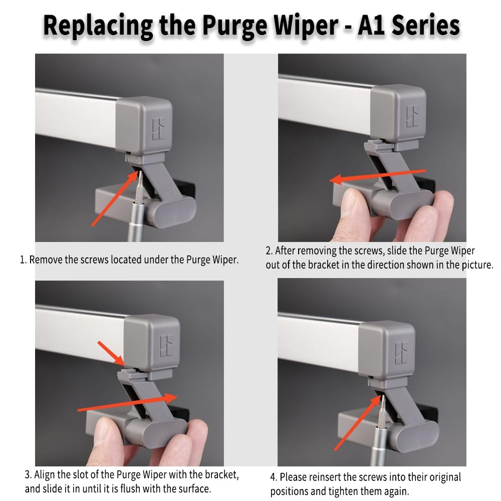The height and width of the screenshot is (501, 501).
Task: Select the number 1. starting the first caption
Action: point(23,260)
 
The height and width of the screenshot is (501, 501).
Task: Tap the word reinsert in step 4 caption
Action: point(322,477)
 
